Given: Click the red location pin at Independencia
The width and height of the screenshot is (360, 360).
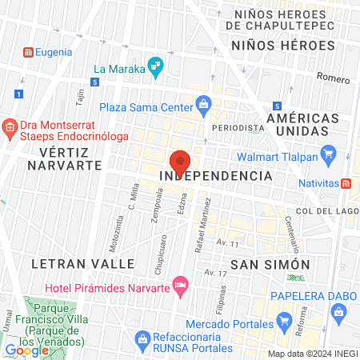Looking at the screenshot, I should (x=181, y=161).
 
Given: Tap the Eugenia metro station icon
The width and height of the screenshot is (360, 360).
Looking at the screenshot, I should (x=28, y=52).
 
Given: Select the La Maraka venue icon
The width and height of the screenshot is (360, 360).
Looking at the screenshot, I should (x=156, y=66).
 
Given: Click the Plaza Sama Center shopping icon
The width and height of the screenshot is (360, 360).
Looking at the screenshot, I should (x=203, y=105).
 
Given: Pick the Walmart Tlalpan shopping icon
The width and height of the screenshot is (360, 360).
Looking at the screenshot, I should (x=326, y=153).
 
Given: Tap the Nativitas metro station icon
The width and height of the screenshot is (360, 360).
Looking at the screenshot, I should (x=346, y=182).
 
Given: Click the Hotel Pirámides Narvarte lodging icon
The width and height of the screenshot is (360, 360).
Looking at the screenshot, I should (x=181, y=283).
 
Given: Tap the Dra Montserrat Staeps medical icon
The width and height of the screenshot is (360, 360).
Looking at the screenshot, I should (x=10, y=126).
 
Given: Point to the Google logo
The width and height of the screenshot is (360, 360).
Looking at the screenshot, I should (x=27, y=350).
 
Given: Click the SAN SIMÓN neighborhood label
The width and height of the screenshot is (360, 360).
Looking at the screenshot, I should (x=258, y=264).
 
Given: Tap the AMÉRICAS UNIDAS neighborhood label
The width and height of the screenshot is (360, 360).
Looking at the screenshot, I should (x=298, y=123).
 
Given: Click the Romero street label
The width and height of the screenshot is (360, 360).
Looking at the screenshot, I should (x=332, y=78).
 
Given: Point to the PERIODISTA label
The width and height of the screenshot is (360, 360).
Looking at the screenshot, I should (x=238, y=128).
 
